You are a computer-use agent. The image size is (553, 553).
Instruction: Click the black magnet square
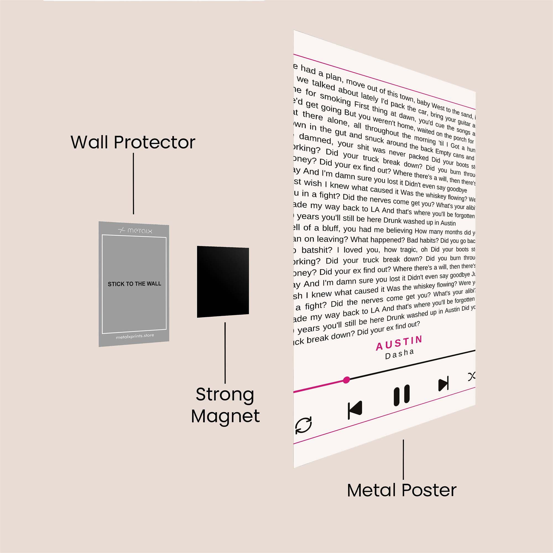[223, 282]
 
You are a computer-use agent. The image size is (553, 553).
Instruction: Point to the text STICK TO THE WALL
[134, 284]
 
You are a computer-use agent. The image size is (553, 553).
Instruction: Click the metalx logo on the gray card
[135, 230]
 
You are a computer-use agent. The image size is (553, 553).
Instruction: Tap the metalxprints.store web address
[135, 336]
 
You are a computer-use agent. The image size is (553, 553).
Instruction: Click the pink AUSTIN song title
[399, 343]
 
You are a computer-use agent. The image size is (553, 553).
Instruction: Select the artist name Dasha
[400, 354]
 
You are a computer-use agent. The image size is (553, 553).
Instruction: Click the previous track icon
[355, 410]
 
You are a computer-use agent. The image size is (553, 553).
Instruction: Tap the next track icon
[444, 384]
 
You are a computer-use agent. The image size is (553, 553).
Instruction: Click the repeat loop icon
[303, 425]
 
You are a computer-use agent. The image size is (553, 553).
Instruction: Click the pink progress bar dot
[346, 380]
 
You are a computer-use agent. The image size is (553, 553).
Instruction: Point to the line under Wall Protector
[133, 183]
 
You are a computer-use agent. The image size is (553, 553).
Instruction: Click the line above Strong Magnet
[225, 353]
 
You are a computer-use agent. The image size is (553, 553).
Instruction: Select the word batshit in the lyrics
[317, 250]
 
